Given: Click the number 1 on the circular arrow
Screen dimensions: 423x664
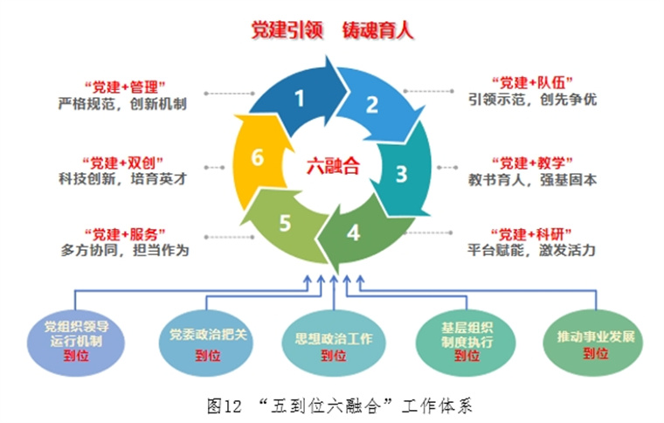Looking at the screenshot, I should click(300, 98).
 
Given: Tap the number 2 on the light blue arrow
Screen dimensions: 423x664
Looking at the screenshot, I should click(371, 106).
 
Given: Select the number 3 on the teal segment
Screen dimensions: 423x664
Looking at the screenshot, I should click(401, 173).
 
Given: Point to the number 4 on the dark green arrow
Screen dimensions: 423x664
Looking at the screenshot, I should click(353, 233).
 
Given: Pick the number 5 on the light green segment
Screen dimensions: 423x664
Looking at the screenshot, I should click(284, 224).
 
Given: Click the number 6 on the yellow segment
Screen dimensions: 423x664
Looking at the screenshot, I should click(256, 158).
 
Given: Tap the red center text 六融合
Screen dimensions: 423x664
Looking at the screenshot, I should click(333, 166).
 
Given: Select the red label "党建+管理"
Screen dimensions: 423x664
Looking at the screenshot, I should click(126, 86).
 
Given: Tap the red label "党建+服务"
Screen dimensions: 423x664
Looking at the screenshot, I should click(126, 233).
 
